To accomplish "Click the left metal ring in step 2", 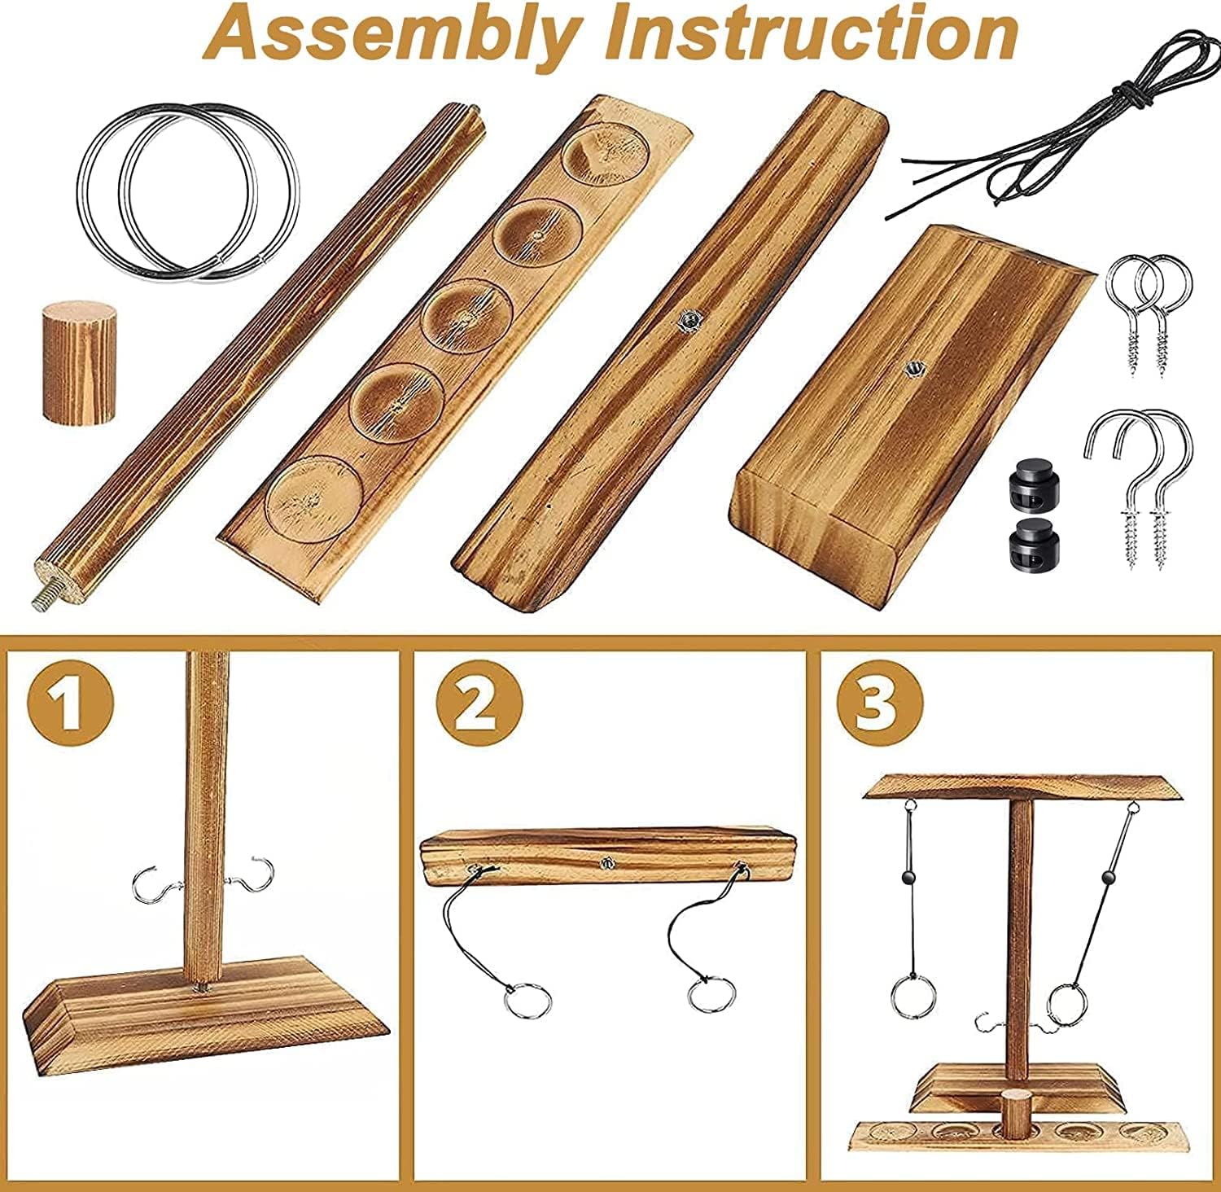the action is pyautogui.click(x=527, y=999).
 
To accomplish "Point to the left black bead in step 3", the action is pyautogui.click(x=907, y=878).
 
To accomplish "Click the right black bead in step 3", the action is pyautogui.click(x=1107, y=878).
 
